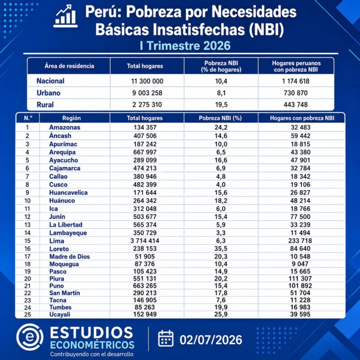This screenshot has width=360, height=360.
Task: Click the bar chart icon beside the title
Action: [65, 15]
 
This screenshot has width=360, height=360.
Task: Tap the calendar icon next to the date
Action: [165, 338]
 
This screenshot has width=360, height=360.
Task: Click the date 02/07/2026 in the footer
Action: [211, 340]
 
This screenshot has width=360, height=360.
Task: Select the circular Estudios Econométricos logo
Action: [30, 337]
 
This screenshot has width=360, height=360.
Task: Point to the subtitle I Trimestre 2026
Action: [185, 45]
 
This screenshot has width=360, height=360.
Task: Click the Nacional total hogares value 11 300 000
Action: [147, 81]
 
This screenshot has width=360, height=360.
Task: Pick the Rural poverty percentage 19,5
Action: [221, 105]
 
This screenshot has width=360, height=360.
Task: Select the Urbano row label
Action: [48, 93]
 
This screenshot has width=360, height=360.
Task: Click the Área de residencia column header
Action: [69, 66]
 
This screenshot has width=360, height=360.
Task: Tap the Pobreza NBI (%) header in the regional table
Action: [220, 118]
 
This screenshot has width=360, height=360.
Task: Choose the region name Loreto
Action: [59, 249]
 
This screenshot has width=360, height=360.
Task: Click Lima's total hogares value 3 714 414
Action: [145, 240]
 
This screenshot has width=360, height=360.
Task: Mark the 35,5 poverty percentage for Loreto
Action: [221, 248]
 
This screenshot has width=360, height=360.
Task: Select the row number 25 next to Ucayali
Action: [28, 315]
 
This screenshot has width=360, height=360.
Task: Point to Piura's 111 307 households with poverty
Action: [300, 278]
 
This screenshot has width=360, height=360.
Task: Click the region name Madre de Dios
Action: [69, 256]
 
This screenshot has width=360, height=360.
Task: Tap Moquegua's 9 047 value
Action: [300, 264]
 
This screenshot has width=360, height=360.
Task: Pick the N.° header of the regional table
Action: [28, 118]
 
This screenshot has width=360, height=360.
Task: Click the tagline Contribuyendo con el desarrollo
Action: [92, 354]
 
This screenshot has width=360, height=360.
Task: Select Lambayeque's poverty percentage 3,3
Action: [221, 233]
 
